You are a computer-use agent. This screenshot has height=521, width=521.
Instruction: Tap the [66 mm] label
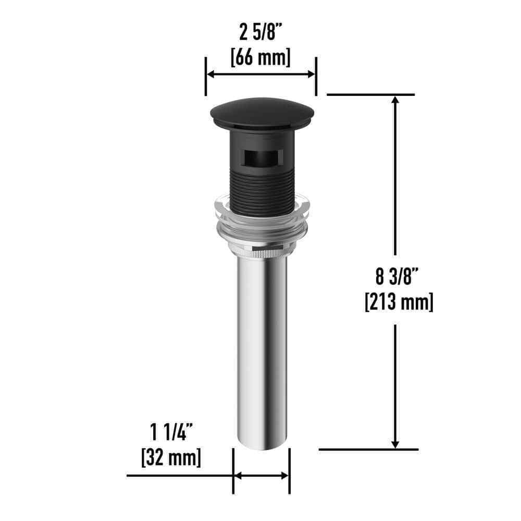tap(260, 57)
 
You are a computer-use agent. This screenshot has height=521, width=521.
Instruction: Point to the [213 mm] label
tap(399, 302)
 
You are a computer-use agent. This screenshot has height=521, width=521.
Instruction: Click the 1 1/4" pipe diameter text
tap(171, 432)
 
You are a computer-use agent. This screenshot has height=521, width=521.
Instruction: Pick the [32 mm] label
tap(171, 457)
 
